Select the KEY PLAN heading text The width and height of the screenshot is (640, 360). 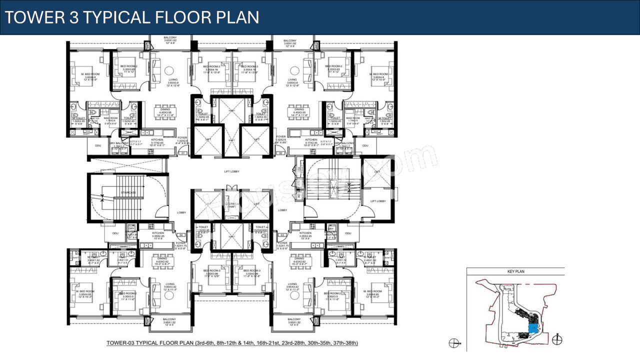coord(515,271)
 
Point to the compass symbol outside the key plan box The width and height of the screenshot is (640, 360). coord(454,343)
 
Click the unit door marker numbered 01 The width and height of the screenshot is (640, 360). coord(184,153)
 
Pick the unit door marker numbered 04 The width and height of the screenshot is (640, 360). coord(181,234)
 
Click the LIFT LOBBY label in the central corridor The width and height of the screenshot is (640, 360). coord(231,171)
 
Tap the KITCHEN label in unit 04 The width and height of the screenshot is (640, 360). coord(158,233)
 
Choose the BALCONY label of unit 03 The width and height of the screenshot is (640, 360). coord(294,319)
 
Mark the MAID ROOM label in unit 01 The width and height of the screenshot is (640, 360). coord(110,118)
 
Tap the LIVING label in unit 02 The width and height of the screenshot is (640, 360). coord(292,79)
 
